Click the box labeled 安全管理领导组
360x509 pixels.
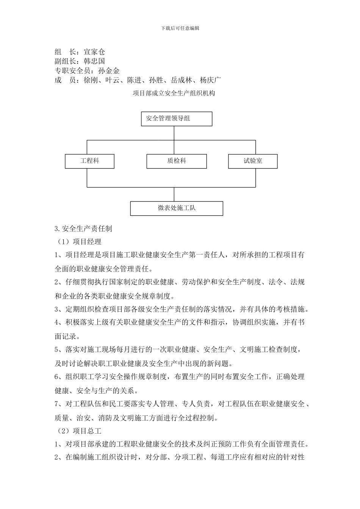click(176, 119)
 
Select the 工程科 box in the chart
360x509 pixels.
click(89, 161)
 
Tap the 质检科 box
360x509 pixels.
click(177, 161)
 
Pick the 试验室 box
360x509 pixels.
click(253, 161)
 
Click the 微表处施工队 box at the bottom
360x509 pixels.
click(177, 208)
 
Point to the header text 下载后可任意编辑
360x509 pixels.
click(180, 28)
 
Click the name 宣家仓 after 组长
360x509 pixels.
click(94, 52)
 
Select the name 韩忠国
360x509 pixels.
click(94, 61)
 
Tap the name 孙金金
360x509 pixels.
click(109, 70)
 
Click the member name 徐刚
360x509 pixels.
click(91, 80)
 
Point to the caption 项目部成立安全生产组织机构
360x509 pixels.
click(174, 93)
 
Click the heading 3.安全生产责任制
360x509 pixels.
click(83, 228)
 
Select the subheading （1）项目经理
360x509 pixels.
click(79, 241)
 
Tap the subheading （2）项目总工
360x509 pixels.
click(79, 431)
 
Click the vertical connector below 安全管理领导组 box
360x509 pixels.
click(174, 133)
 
